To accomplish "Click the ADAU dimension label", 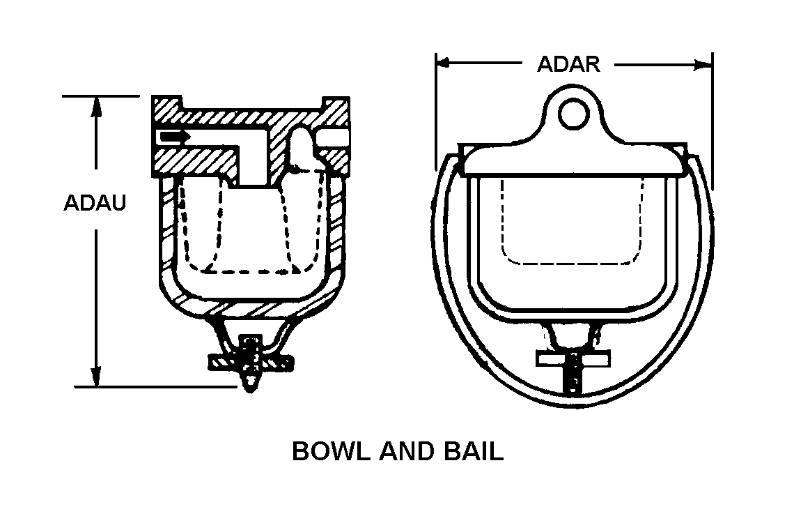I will (95, 204).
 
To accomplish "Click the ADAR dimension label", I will (568, 64).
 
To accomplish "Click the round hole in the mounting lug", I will (573, 112).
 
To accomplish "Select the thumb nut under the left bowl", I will (251, 363).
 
